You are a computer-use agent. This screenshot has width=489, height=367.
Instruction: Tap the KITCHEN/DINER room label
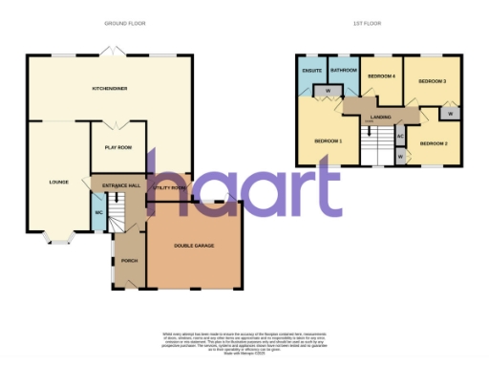(x=110, y=87)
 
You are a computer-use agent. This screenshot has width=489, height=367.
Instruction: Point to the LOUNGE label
(x=58, y=180)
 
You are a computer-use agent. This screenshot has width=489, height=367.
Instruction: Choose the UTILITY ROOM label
(x=169, y=188)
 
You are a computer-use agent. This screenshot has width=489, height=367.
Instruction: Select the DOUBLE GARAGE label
(x=193, y=247)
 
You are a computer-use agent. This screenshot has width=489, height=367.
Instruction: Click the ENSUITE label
(x=311, y=71)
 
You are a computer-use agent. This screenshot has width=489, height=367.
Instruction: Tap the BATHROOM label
(x=342, y=71)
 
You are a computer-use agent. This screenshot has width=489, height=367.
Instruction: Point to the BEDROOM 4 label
(x=382, y=76)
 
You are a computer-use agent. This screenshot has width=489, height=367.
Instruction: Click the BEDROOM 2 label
(x=433, y=143)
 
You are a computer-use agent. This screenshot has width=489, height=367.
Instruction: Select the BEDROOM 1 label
(x=329, y=140)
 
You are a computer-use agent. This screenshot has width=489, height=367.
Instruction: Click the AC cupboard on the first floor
(x=400, y=137)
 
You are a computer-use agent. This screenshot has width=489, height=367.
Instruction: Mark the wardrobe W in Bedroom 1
(x=328, y=92)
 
